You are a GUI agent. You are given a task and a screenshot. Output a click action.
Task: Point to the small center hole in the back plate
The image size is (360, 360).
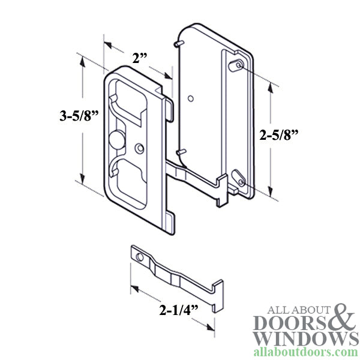pos(190,97)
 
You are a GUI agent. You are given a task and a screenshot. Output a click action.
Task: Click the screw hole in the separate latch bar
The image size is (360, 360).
pos(139,256)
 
